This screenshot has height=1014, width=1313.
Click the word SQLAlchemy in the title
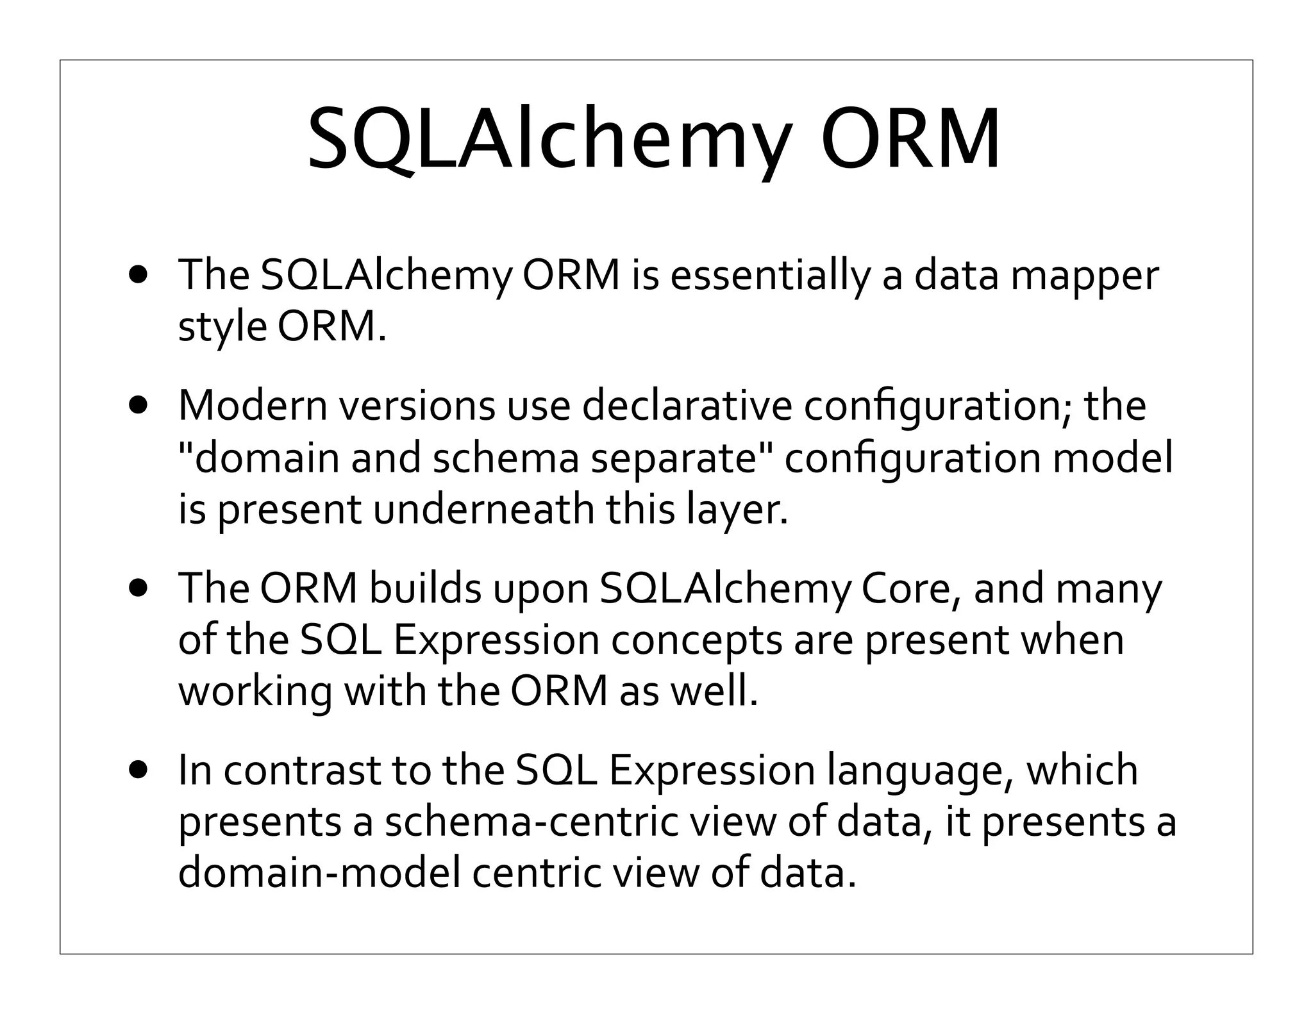tap(548, 139)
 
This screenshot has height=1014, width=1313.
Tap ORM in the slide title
tap(910, 139)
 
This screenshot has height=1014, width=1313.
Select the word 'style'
tap(222, 328)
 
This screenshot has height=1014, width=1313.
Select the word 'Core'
tap(910, 588)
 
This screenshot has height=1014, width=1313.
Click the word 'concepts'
tap(696, 641)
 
